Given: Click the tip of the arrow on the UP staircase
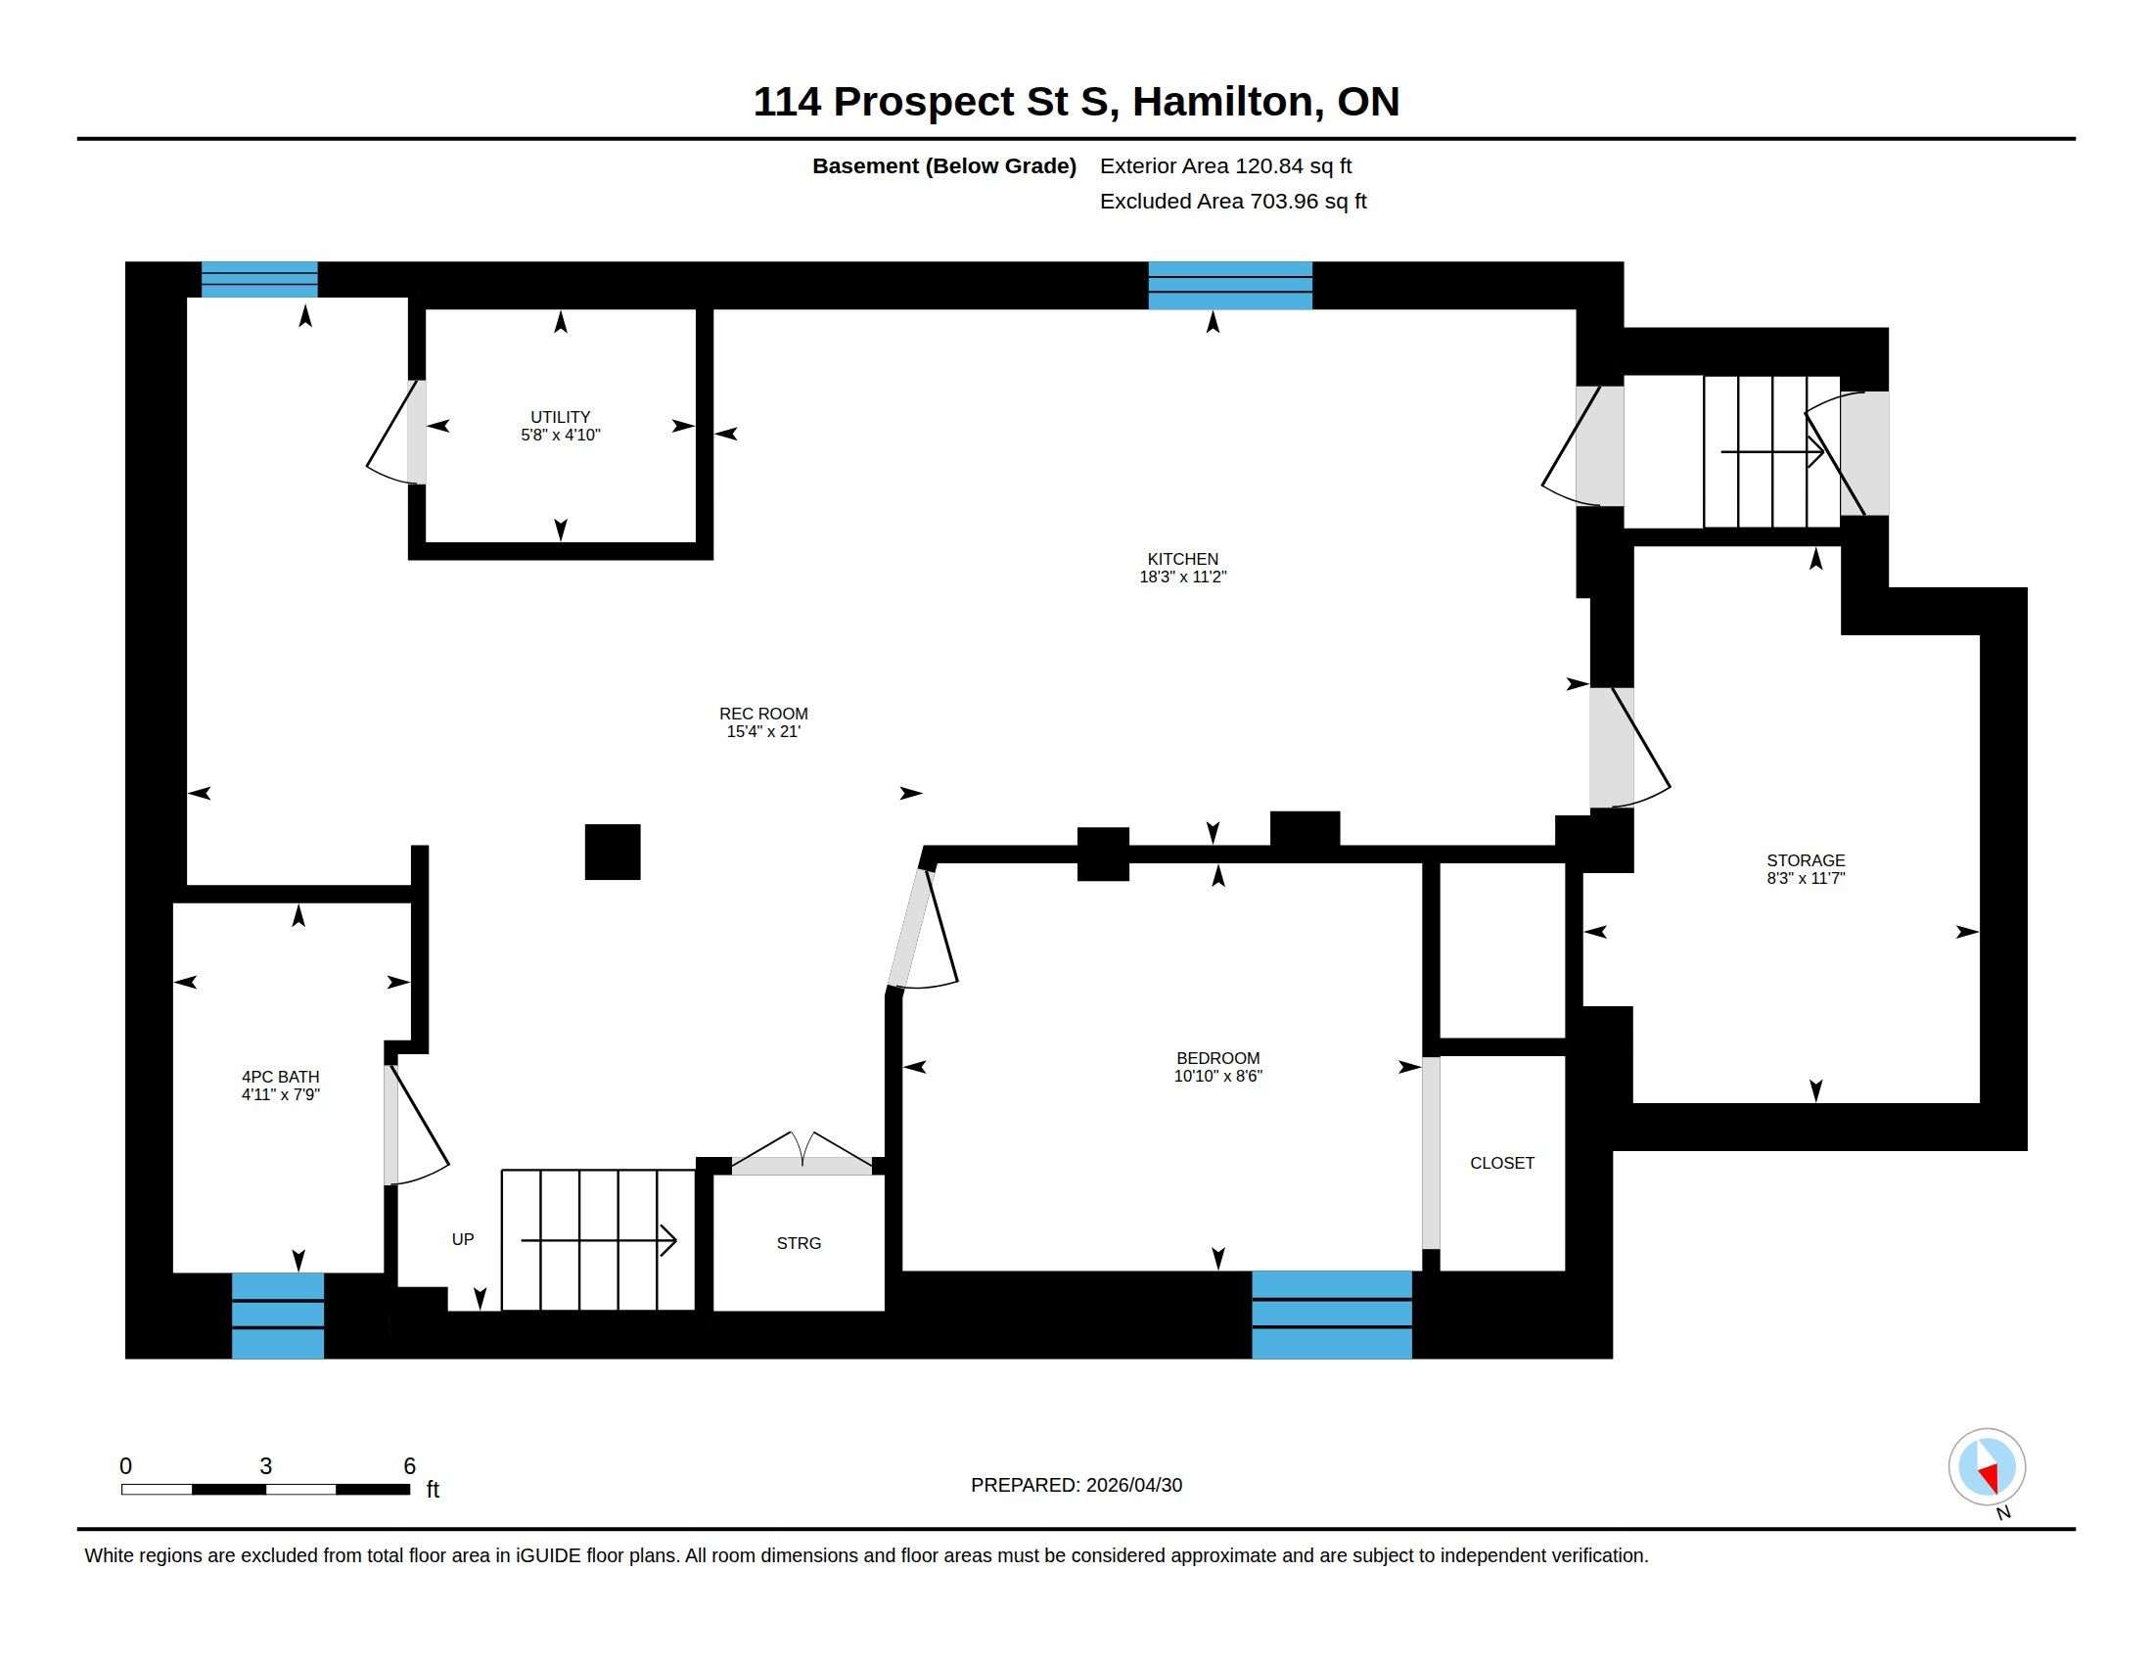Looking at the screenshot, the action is click(676, 1240).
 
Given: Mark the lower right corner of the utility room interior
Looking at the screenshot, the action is click(696, 542).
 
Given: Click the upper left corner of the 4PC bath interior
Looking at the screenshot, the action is click(173, 903).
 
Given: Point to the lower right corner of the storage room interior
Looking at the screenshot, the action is click(1980, 1102).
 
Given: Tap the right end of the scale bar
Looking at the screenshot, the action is click(410, 1490).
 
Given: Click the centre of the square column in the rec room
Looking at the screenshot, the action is click(613, 852).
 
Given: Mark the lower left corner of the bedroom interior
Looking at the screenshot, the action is click(903, 1271).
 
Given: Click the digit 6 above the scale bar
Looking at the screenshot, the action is click(409, 1466).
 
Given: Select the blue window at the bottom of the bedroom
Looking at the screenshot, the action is click(1332, 1315).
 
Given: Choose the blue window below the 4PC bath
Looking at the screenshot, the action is click(278, 1316).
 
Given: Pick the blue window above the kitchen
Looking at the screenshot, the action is click(1230, 286).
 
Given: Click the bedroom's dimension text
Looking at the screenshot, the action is click(1217, 1077).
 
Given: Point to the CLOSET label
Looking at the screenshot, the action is click(1501, 1163).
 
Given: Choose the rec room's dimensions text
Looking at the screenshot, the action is click(763, 731).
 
